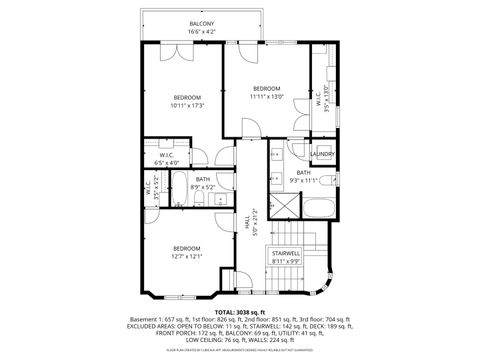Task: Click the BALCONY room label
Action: click(x=202, y=23)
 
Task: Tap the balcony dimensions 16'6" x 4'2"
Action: click(x=202, y=32)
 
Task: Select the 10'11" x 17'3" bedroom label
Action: click(x=187, y=97)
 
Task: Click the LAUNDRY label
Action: click(x=322, y=154)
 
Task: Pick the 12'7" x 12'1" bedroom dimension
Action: click(x=187, y=256)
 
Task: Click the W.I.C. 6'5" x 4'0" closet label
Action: click(x=168, y=158)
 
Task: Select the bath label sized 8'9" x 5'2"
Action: click(x=202, y=182)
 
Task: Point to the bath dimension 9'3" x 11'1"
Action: click(x=302, y=180)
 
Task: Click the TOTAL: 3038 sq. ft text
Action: click(x=239, y=311)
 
